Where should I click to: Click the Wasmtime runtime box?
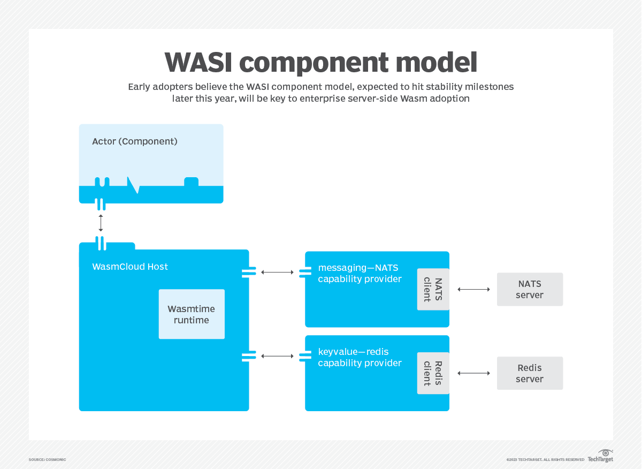point(192,314)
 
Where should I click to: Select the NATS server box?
point(530,289)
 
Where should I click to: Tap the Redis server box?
point(530,373)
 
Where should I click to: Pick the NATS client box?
point(433,289)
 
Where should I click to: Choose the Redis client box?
point(433,373)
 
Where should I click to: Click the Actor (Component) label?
point(134,141)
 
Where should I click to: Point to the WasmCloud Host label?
point(130,267)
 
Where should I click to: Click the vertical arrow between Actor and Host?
point(101,223)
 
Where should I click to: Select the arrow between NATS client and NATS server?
point(473,289)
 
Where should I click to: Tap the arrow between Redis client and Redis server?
point(473,373)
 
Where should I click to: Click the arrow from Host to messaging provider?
point(277,273)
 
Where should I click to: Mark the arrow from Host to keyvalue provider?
point(277,356)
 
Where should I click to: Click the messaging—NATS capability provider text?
point(360,273)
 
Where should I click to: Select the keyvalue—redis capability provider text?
point(360,357)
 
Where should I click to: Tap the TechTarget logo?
point(600,456)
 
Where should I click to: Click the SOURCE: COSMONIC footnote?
point(47,459)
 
